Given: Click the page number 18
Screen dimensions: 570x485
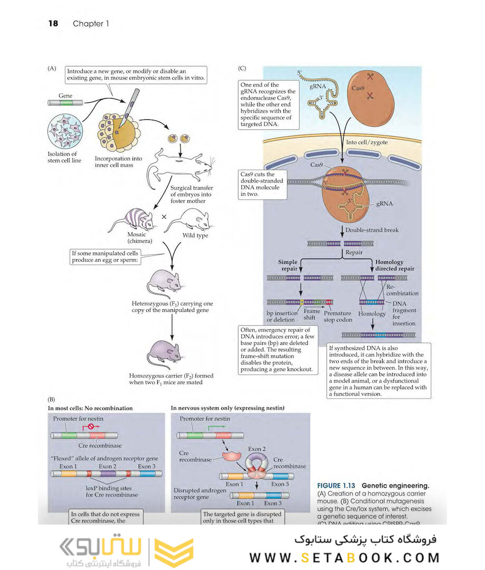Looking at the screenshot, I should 53,24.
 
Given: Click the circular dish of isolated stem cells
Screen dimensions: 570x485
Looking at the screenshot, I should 65,133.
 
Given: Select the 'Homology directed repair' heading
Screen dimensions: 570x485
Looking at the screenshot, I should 394,265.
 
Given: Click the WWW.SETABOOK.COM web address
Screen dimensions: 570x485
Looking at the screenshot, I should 344,557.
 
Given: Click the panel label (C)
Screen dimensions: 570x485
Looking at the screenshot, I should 242,68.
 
